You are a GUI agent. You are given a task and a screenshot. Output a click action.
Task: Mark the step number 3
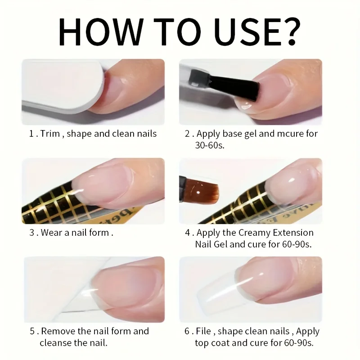31,233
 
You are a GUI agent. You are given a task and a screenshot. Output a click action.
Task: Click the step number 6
186,331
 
